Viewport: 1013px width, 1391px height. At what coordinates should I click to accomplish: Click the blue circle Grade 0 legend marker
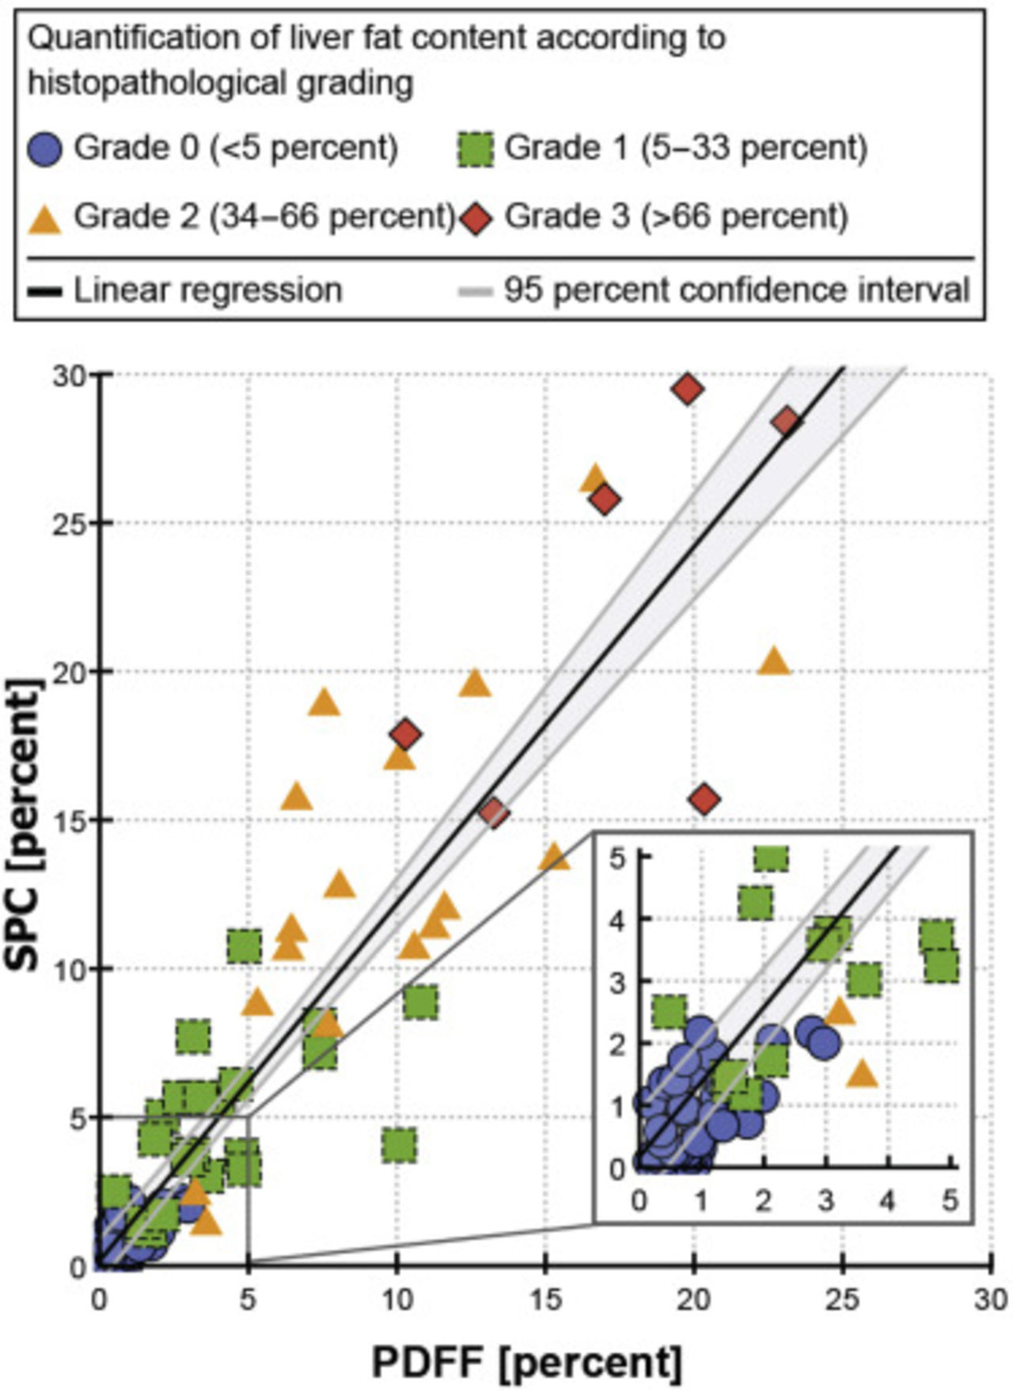(45, 149)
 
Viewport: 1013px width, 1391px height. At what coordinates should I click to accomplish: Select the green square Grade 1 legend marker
(476, 149)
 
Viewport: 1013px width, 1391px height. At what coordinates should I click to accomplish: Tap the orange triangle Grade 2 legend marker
(45, 218)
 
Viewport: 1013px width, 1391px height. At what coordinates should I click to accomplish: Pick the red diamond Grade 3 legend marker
(476, 218)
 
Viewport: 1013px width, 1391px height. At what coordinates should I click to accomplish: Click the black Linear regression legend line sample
(45, 291)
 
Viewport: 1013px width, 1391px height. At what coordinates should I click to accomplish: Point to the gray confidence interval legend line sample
(476, 291)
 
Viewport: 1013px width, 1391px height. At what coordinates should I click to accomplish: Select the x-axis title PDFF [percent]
(527, 1362)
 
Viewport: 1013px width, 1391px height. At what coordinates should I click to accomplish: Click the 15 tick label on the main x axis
(544, 1299)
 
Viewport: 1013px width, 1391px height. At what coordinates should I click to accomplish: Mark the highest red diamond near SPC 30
(689, 389)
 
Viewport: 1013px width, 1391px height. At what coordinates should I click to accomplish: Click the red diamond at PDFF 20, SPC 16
(705, 800)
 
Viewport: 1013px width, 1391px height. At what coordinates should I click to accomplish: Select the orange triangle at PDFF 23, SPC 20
(774, 661)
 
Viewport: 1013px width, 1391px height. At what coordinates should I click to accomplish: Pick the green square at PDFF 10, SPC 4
(399, 1145)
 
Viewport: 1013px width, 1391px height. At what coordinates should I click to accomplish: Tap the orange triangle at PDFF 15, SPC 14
(554, 856)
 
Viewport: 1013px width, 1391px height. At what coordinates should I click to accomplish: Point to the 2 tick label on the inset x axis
(764, 1200)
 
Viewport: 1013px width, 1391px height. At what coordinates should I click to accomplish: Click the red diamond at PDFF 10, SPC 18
(406, 734)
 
